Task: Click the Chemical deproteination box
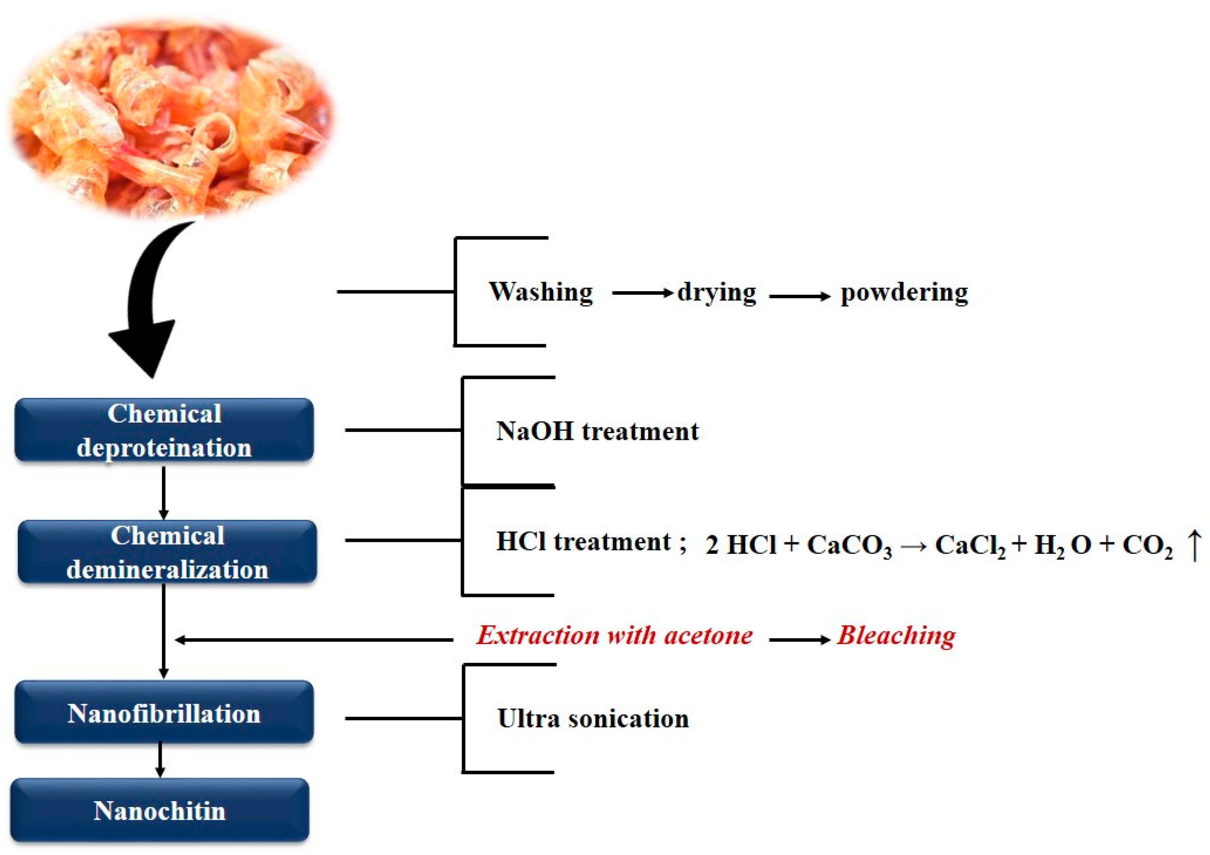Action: click(164, 430)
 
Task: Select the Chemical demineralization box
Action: click(167, 552)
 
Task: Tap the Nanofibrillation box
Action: click(164, 713)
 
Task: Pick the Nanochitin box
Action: click(160, 810)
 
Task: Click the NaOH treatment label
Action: click(597, 431)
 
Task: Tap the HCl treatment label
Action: click(583, 542)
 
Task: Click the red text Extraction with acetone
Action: click(615, 636)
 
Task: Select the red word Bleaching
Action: click(896, 636)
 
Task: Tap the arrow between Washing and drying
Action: click(643, 292)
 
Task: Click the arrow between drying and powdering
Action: click(799, 296)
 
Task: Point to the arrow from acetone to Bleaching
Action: click(799, 640)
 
